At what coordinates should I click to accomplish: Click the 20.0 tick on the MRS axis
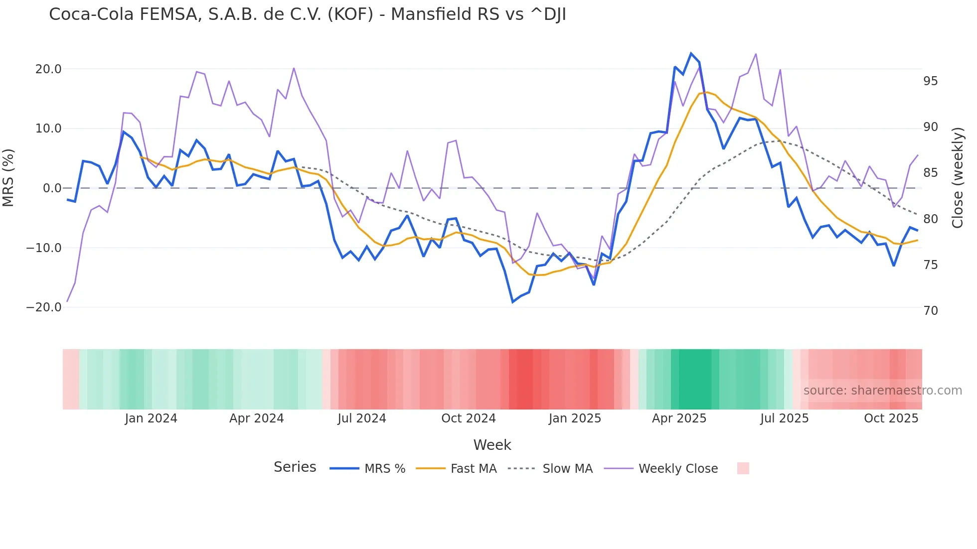pos(48,69)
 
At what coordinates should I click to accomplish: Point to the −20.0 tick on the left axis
pos(44,307)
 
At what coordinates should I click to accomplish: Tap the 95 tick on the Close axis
pos(930,81)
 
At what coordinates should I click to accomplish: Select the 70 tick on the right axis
pos(930,311)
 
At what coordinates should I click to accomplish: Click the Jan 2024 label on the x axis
pos(151,418)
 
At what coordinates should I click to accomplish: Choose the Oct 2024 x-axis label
pos(469,418)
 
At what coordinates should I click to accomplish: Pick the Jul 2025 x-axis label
pos(784,418)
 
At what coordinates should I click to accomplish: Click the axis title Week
pos(492,445)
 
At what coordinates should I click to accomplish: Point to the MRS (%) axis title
pos(8,178)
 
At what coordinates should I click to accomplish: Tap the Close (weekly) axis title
pos(957,178)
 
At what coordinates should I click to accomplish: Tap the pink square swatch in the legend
pos(743,468)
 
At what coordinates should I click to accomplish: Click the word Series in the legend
pos(295,467)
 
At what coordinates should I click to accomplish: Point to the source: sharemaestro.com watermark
pos(882,391)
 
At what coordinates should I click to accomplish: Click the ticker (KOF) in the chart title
pos(350,14)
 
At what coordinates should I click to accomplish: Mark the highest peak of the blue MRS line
pos(691,53)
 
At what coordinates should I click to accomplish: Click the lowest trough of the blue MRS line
pos(512,302)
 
